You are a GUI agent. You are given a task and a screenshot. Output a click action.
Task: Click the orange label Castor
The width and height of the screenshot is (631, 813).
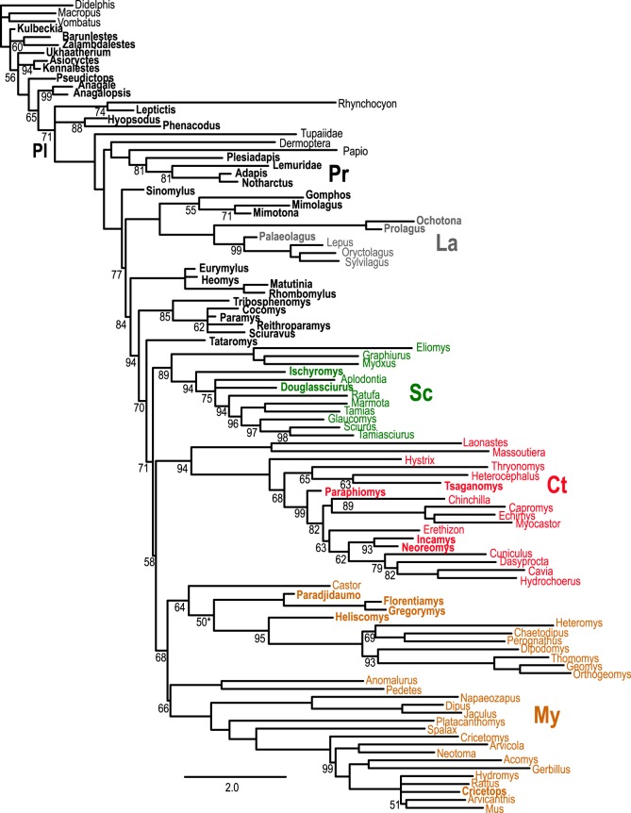click(347, 586)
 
